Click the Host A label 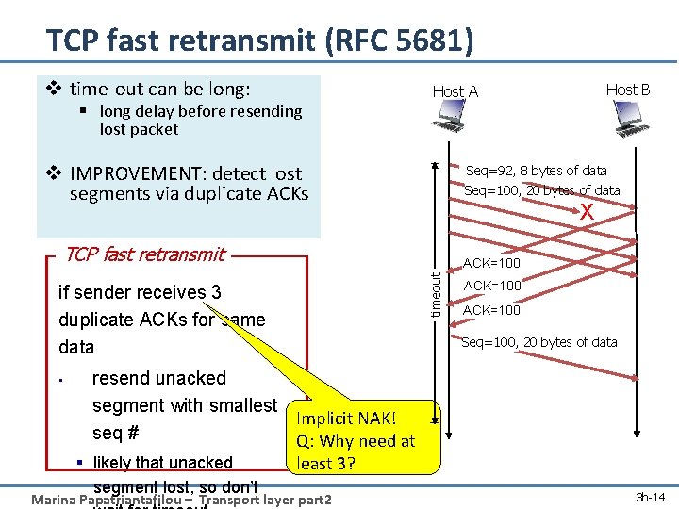[455, 91]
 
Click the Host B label [627, 90]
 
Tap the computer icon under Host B [627, 116]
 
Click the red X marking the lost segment [587, 213]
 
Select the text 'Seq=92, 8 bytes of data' [537, 171]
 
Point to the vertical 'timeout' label [436, 294]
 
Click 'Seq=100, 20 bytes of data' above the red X [541, 190]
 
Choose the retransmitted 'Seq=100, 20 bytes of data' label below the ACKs [538, 342]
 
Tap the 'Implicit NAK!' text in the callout [346, 419]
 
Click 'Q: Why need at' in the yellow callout [356, 441]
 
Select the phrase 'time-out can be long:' [160, 90]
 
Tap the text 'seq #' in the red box [116, 433]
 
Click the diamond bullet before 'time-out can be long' [54, 90]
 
